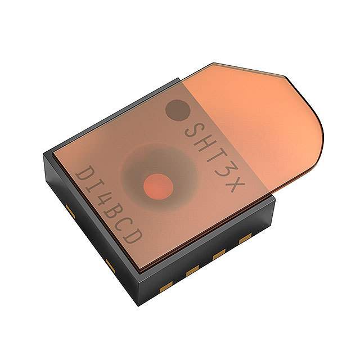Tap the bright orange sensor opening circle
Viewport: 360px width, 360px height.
coord(158,186)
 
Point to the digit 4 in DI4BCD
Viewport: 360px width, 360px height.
coord(102,201)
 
